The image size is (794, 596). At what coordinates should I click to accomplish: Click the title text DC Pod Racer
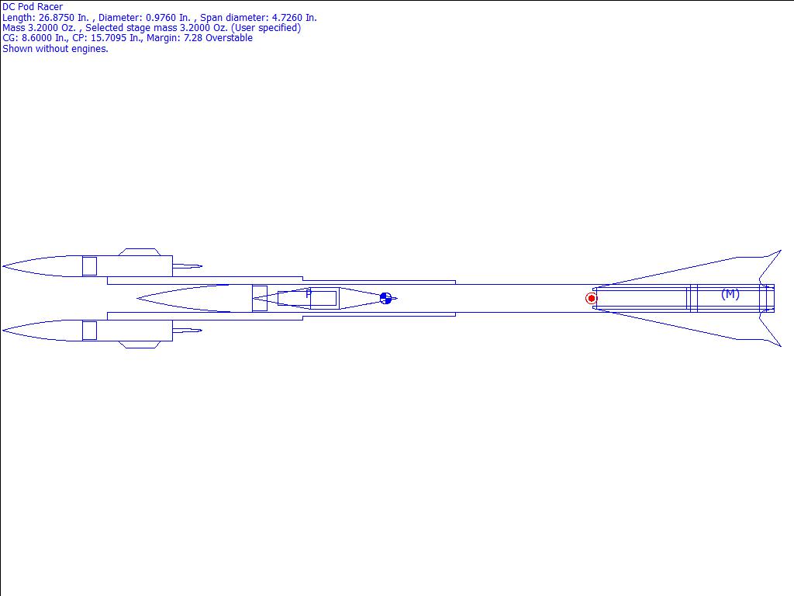point(33,7)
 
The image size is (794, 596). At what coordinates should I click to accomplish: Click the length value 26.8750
point(57,17)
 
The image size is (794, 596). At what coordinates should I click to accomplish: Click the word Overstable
point(229,38)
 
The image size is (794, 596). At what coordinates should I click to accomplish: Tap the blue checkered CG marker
point(385,298)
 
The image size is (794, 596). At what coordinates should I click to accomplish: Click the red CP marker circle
point(592,298)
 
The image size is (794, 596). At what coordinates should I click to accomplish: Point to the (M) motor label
point(730,294)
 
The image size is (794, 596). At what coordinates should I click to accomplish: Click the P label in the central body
point(308,293)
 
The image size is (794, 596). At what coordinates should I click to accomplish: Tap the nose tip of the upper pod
point(3,266)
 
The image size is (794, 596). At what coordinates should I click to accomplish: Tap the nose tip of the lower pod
point(3,331)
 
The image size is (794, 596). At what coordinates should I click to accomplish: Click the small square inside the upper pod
point(89,266)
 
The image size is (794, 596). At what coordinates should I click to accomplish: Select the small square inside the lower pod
point(89,331)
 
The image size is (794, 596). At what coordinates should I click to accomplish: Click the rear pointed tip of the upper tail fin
point(780,251)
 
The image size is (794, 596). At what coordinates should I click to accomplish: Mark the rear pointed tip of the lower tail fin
point(780,346)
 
